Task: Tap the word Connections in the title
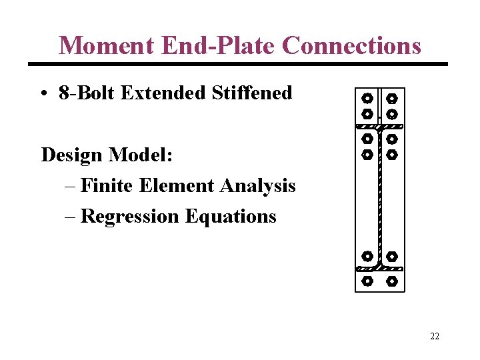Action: [351, 45]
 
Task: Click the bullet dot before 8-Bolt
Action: [45, 93]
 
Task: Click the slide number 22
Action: [435, 336]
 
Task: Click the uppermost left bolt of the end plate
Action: [367, 98]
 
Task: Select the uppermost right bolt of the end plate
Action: [392, 98]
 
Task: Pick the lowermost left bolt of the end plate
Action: [367, 281]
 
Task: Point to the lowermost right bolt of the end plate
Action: [392, 281]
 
